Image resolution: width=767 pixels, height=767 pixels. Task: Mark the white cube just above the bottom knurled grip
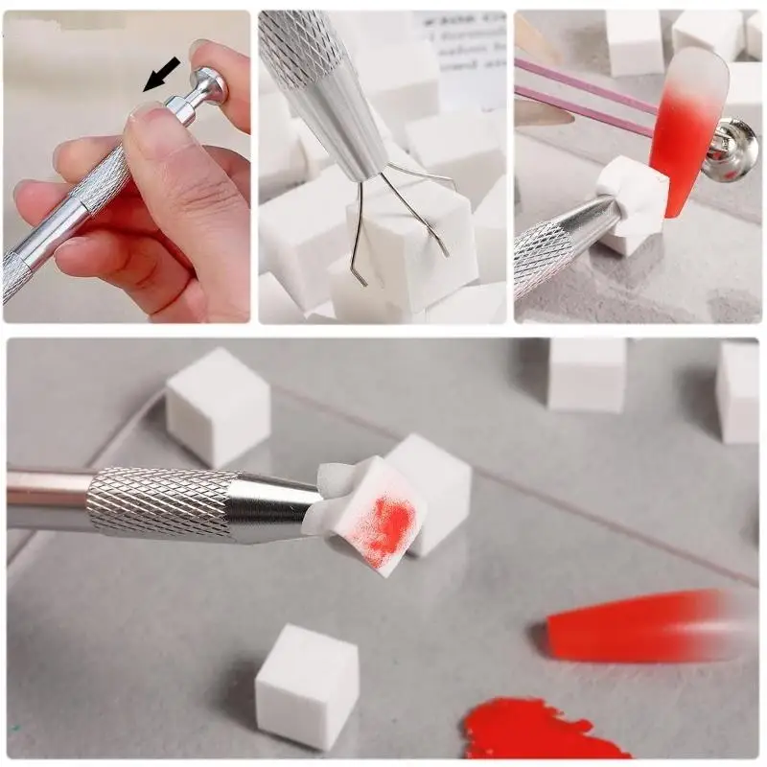click(x=218, y=407)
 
